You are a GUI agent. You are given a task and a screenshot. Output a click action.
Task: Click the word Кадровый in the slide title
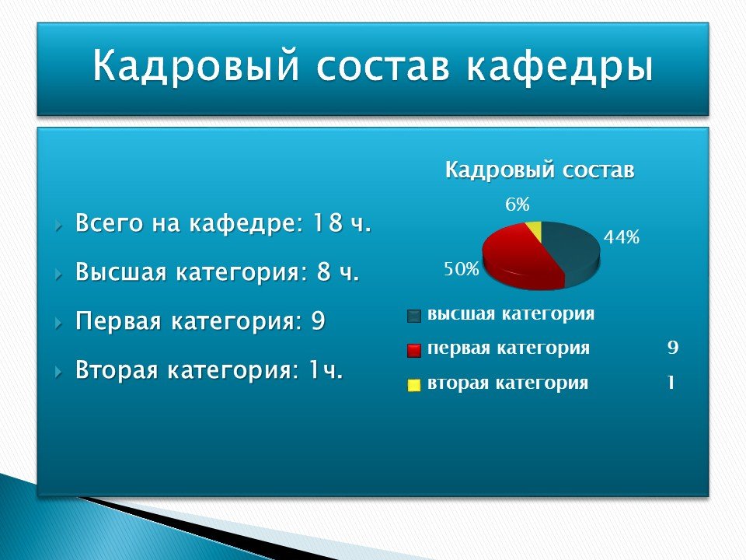click(x=196, y=65)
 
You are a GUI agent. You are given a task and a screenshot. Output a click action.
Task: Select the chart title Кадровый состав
click(x=540, y=170)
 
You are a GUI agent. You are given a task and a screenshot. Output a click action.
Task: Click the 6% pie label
click(x=518, y=205)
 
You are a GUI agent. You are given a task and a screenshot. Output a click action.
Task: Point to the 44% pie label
click(x=622, y=236)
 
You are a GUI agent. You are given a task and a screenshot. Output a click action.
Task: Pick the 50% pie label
click(x=462, y=269)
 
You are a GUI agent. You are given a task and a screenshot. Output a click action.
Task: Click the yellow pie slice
click(x=535, y=230)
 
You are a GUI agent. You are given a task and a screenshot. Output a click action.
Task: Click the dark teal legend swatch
click(x=414, y=317)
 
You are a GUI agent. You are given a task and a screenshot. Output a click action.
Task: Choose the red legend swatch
click(x=414, y=351)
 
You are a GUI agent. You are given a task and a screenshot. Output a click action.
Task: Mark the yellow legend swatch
click(x=414, y=385)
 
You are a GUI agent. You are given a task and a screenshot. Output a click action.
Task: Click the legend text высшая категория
click(x=511, y=314)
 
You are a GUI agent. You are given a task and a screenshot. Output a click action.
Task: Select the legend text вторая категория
click(x=507, y=383)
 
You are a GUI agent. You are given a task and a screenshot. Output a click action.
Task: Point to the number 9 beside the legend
click(x=673, y=348)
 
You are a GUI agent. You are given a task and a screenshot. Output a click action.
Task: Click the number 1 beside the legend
click(x=671, y=383)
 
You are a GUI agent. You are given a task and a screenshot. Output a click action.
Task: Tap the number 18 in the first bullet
click(x=327, y=222)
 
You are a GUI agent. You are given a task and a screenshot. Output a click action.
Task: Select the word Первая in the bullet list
click(x=118, y=321)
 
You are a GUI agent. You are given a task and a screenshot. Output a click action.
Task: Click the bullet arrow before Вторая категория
click(x=58, y=372)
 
